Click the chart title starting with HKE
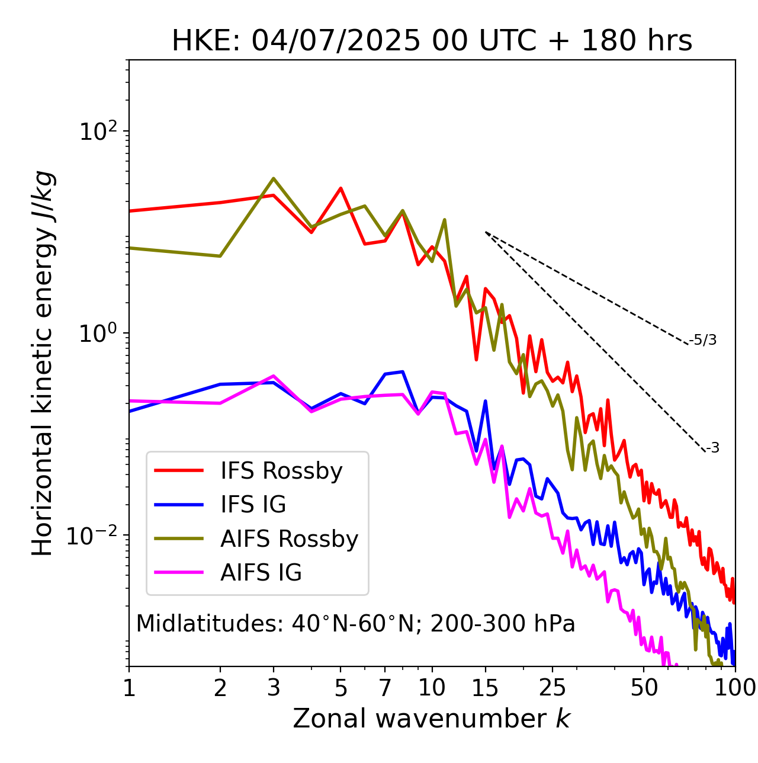coord(432,41)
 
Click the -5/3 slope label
coord(703,340)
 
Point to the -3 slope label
coord(712,448)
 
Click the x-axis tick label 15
coord(486,687)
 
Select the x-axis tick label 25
coord(553,687)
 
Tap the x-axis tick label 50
coord(644,687)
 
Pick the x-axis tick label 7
coord(385,687)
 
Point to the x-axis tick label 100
coord(734,687)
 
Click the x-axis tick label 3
coord(274,687)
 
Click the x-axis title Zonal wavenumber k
coord(432,719)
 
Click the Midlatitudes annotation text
coord(355,624)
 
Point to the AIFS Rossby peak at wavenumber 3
coord(274,178)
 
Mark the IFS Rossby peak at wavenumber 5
coord(341,188)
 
